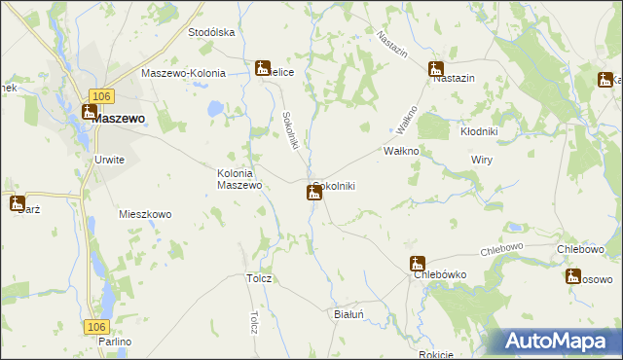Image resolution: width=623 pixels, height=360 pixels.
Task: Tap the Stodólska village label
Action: (212, 32)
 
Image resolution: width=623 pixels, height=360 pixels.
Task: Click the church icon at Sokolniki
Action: (313, 193)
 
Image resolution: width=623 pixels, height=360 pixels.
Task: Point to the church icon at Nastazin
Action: (435, 69)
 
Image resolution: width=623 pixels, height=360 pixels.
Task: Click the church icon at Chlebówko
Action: (417, 264)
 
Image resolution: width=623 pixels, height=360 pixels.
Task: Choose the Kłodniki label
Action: (479, 130)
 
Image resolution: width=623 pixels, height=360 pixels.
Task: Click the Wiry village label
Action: (481, 158)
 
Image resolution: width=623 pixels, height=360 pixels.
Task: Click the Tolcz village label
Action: (259, 278)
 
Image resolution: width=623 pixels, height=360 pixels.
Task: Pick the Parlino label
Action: (114, 342)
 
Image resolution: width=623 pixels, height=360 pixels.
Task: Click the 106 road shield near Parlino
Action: (94, 326)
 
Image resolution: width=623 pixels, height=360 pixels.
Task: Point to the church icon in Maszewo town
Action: (89, 113)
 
